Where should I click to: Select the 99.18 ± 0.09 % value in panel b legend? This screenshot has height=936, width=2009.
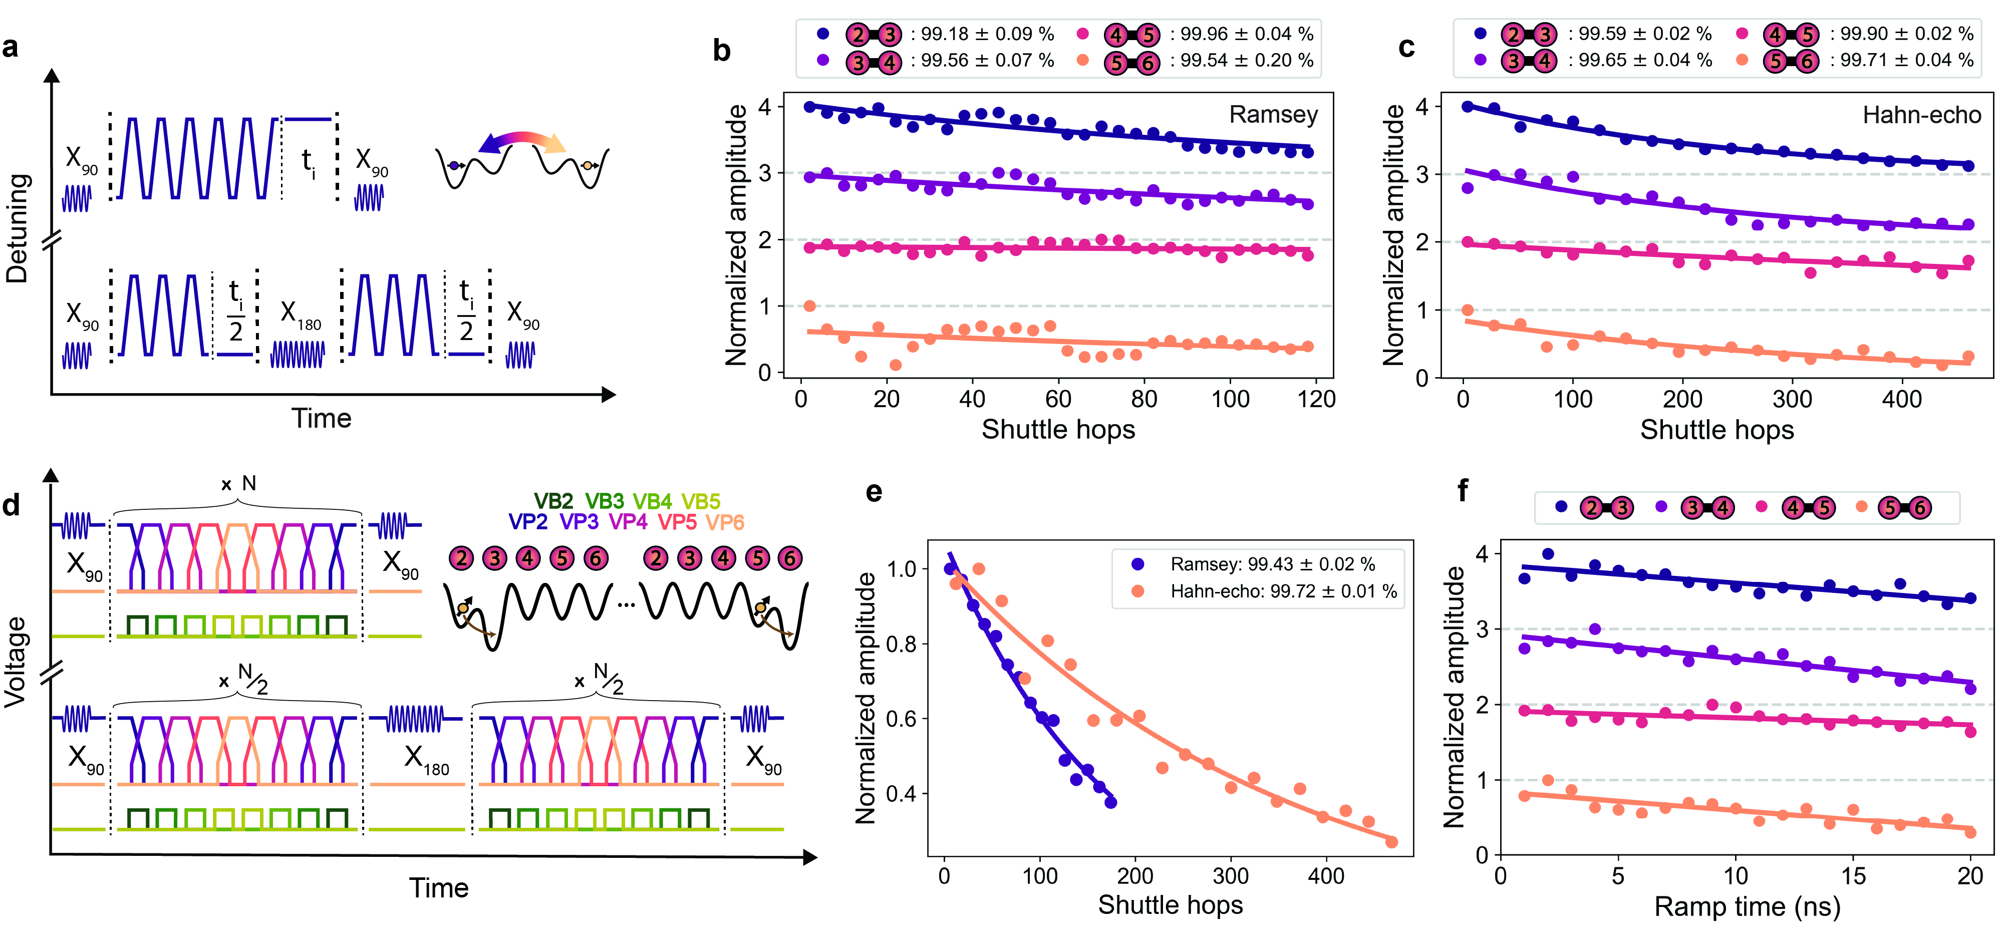point(987,35)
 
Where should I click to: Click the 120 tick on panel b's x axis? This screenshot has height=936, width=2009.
point(1316,399)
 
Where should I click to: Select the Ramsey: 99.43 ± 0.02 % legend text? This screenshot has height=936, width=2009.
point(1272,564)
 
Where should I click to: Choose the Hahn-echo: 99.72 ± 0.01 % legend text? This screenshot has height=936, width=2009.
point(1283,591)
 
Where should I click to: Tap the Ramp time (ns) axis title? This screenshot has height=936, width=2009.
point(1747,906)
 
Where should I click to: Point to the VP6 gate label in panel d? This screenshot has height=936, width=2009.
point(725,522)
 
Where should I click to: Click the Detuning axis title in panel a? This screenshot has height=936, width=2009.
point(17,228)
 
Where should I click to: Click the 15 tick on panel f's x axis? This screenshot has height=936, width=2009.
point(1853,876)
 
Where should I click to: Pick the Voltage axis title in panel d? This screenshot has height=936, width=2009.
point(16,662)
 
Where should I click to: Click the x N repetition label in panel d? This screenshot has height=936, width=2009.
point(238,484)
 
